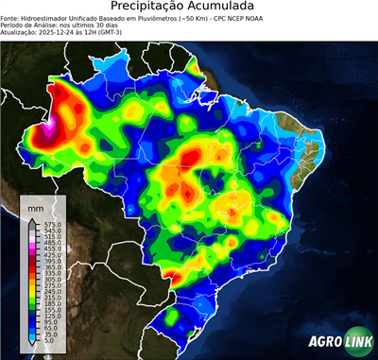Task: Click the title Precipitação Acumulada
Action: click(x=189, y=8)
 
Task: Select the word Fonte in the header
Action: click(x=10, y=19)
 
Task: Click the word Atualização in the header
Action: click(x=20, y=32)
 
